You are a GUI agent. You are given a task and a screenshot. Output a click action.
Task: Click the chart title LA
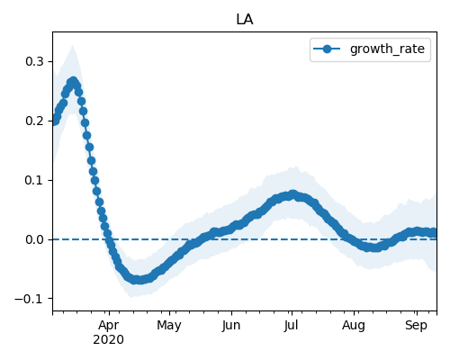(245, 20)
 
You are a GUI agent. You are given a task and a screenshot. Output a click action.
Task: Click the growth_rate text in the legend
(387, 49)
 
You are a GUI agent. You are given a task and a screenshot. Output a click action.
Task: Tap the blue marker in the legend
(327, 49)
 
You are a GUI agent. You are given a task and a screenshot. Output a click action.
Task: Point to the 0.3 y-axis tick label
(34, 61)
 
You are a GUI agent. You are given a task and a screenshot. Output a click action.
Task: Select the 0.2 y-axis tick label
(34, 121)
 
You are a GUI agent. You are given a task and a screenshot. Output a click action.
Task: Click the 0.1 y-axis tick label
(34, 180)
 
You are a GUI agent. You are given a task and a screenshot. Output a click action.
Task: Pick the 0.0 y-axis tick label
(34, 239)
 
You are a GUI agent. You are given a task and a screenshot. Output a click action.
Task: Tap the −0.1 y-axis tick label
(29, 299)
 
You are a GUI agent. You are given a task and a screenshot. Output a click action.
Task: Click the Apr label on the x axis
(109, 326)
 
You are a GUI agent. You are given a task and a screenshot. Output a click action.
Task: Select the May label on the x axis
(169, 326)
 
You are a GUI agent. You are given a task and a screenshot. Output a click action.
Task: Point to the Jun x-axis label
(231, 326)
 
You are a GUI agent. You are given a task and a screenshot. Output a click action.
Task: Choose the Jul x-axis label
(292, 325)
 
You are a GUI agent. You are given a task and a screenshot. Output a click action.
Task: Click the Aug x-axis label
(354, 326)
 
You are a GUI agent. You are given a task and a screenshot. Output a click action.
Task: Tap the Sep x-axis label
(416, 326)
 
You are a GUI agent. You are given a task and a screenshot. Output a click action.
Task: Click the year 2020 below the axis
(108, 340)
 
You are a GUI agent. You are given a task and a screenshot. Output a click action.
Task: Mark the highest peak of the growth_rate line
(73, 81)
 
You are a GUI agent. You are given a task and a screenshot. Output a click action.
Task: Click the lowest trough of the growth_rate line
(137, 280)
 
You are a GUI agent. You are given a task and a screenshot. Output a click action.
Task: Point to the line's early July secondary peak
(293, 194)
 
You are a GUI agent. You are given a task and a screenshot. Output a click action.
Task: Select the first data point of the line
(54, 121)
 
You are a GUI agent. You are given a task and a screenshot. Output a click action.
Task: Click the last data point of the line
(435, 233)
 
